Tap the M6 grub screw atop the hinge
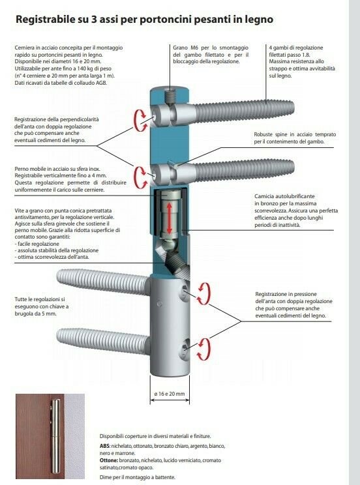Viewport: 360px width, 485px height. [x=170, y=96]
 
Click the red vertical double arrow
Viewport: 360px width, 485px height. [x=169, y=218]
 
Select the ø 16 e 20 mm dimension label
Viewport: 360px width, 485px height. [x=170, y=394]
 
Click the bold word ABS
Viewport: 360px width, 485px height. [x=104, y=446]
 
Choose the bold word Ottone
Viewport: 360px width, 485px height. [x=109, y=460]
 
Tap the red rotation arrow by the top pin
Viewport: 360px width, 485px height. [x=140, y=120]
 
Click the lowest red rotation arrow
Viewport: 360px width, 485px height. [x=204, y=349]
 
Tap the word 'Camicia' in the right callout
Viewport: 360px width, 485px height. [x=263, y=196]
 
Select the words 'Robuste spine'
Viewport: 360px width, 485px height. [x=271, y=134]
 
